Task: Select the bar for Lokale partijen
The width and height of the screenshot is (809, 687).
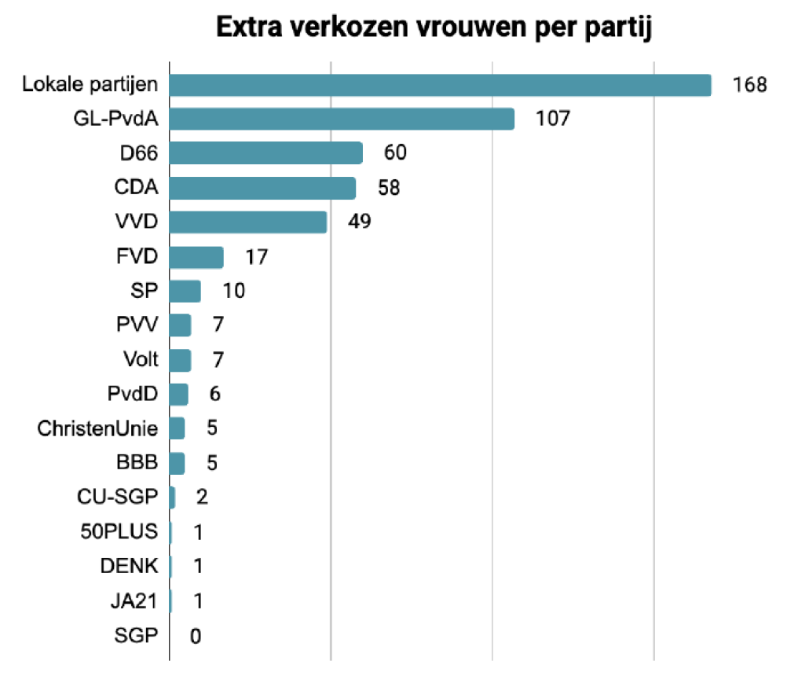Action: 440,85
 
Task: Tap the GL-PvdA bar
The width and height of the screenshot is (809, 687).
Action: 342,119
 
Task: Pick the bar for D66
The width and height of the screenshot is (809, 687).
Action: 266,153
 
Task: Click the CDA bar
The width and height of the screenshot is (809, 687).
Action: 262,188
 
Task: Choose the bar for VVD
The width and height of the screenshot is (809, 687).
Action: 248,222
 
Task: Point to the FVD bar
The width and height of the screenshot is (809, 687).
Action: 196,257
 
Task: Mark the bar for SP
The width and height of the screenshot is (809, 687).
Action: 185,291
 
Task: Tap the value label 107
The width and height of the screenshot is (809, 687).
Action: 551,119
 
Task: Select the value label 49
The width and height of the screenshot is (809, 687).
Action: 360,222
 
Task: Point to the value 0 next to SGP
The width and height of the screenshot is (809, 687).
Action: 196,636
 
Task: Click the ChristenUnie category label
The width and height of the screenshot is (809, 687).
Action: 97,429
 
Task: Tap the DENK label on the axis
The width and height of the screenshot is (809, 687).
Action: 130,567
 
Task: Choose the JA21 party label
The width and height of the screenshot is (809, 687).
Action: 134,601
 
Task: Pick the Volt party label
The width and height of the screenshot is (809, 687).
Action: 141,360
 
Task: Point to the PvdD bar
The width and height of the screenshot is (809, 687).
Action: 179,395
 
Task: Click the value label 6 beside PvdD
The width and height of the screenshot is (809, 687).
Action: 214,395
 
